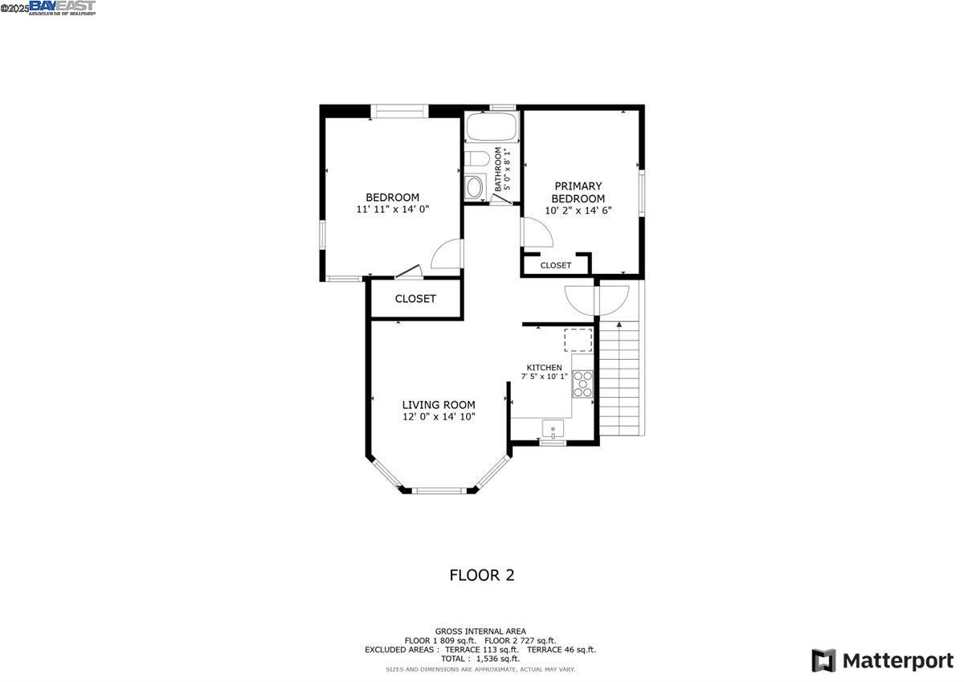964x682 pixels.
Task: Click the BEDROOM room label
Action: (x=392, y=198)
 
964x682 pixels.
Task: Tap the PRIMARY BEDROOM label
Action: (x=577, y=192)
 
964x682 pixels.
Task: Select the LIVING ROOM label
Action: (x=439, y=405)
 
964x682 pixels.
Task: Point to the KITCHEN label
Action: (x=544, y=367)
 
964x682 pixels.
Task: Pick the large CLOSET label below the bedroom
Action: (x=415, y=299)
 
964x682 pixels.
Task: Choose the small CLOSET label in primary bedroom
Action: (x=555, y=265)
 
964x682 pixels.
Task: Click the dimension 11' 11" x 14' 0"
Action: (x=392, y=209)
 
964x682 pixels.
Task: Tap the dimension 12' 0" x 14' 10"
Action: (x=439, y=417)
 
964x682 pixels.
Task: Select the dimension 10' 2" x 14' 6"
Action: (x=577, y=210)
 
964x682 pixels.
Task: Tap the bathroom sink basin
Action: (x=475, y=187)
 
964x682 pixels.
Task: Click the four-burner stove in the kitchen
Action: (x=582, y=385)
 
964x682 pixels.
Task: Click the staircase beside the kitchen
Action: (x=623, y=378)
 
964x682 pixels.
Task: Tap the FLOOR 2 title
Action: (x=481, y=575)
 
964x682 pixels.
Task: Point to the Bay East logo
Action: (x=62, y=7)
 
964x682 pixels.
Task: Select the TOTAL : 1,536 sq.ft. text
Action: (x=480, y=659)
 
